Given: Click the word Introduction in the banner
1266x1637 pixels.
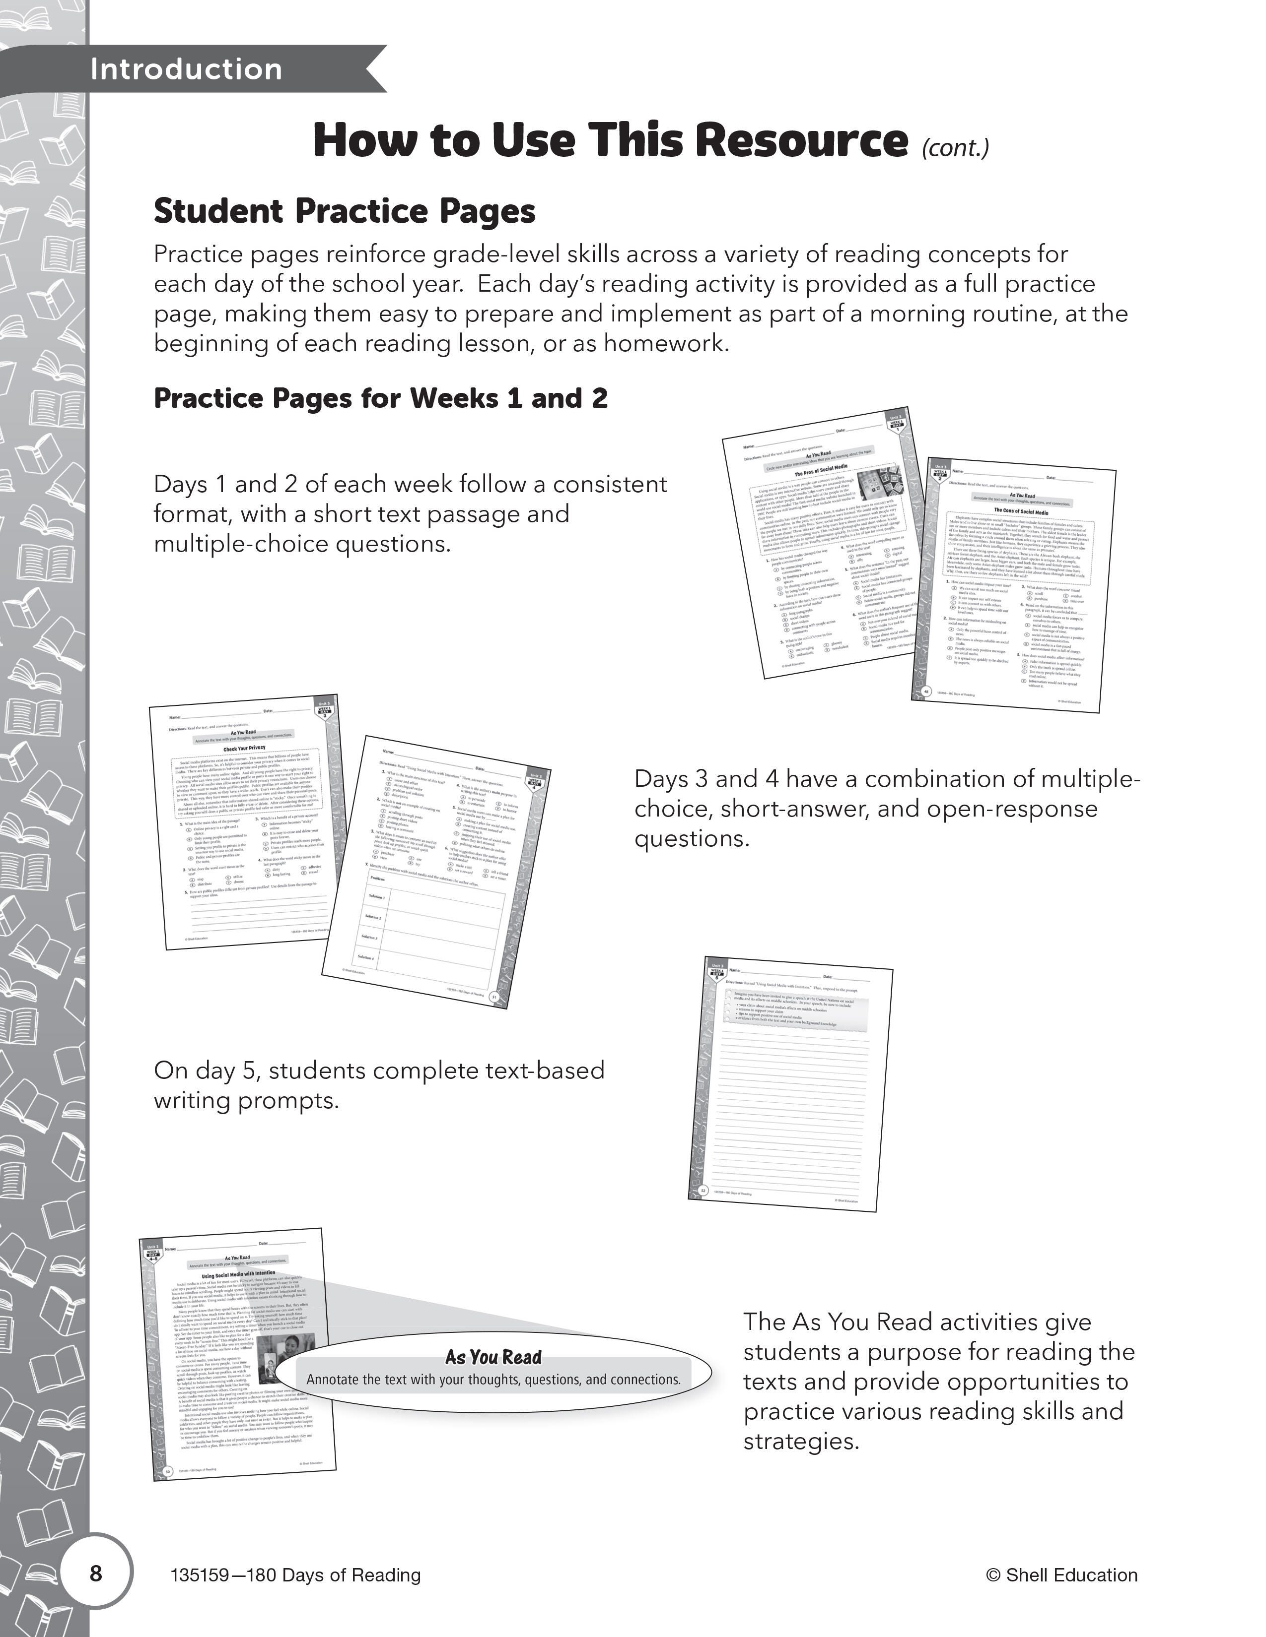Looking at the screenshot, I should click(186, 70).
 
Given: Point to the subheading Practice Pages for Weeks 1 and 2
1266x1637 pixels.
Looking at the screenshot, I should click(380, 398).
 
